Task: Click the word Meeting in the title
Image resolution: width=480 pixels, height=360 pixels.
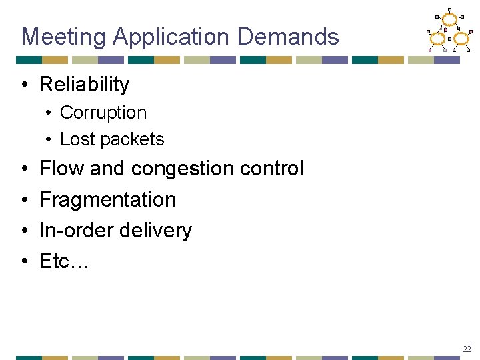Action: (x=63, y=37)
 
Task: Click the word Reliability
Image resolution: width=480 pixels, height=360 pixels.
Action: (x=84, y=85)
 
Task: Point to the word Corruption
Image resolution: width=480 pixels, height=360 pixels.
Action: (x=103, y=113)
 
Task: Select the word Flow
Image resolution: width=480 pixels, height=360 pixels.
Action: (x=62, y=169)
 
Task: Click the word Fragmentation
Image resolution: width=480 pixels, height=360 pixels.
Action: (x=107, y=199)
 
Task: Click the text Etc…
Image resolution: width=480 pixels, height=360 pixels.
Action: (x=63, y=261)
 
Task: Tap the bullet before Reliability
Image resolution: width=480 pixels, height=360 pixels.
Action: (x=24, y=85)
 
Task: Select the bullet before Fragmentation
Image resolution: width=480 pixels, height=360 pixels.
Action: (x=24, y=200)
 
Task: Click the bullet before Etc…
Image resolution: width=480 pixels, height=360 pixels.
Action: (x=24, y=261)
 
